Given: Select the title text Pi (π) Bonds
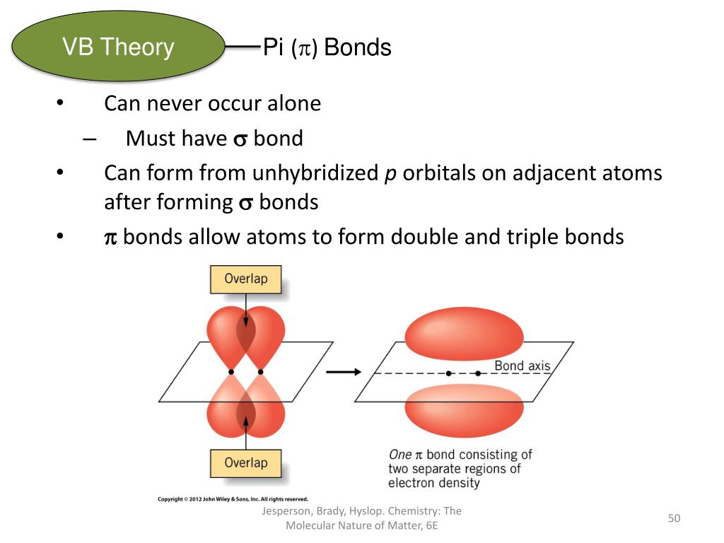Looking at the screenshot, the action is click(327, 48).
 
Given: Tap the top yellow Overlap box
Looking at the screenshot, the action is click(245, 279).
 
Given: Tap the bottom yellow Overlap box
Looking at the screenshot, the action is click(245, 463).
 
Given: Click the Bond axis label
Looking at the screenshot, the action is click(522, 365).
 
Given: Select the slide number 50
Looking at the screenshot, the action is click(674, 519).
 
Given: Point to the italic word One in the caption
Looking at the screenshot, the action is click(400, 455).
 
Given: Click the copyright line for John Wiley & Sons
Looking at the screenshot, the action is click(233, 498).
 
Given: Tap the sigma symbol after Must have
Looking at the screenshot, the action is click(240, 139).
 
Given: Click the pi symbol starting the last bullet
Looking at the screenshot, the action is click(110, 238).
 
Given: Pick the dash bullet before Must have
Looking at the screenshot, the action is click(88, 139).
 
